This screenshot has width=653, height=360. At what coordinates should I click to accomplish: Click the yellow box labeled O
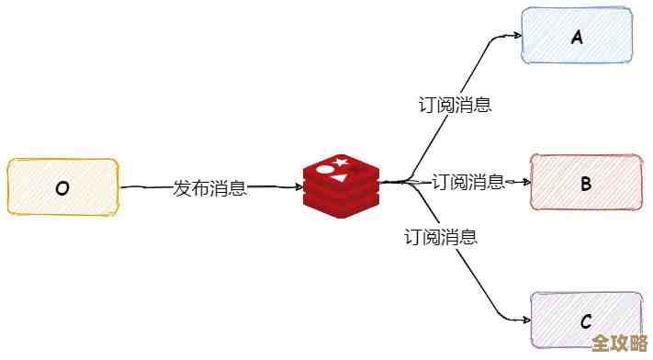pos(62,187)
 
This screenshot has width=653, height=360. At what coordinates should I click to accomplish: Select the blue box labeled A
pos(578,37)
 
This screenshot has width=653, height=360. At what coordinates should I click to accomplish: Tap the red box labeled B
pos(586,183)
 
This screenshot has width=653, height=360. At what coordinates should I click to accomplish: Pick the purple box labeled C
pos(586,321)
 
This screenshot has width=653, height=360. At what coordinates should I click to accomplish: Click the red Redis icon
pos(341,186)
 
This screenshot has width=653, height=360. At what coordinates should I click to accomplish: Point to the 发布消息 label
pos(210,188)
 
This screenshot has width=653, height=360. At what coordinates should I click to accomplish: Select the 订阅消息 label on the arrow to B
pos(468,182)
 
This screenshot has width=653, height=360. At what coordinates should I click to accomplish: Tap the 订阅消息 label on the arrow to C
pos(441,237)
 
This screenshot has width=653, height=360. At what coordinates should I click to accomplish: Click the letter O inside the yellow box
pos(62,189)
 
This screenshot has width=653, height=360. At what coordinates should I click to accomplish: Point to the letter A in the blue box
pos(578,38)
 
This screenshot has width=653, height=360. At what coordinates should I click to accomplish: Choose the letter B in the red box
pos(586,184)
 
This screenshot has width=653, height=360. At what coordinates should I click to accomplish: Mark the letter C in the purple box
pos(586,322)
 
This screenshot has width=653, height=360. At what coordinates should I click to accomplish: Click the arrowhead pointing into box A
pos(516,38)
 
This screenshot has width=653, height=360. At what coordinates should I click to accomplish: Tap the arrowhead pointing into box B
pos(525,182)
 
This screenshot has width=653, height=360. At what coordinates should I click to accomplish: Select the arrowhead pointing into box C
pos(525,319)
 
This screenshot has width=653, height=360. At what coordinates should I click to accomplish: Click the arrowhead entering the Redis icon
pos(298,187)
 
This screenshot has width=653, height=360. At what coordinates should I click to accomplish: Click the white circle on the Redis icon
pos(325,169)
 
